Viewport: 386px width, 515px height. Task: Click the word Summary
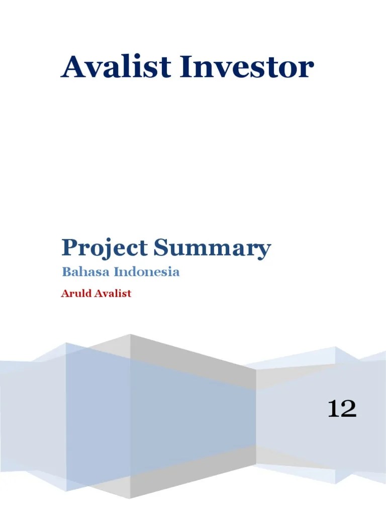[212, 249]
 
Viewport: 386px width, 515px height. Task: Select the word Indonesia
[147, 273]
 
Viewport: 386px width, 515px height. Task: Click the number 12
[342, 408]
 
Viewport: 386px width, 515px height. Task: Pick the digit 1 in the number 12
[333, 408]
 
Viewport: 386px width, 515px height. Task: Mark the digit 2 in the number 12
[349, 408]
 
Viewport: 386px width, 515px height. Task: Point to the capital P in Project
[69, 247]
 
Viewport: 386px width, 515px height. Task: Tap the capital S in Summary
[160, 247]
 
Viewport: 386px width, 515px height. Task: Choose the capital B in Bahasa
[66, 273]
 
